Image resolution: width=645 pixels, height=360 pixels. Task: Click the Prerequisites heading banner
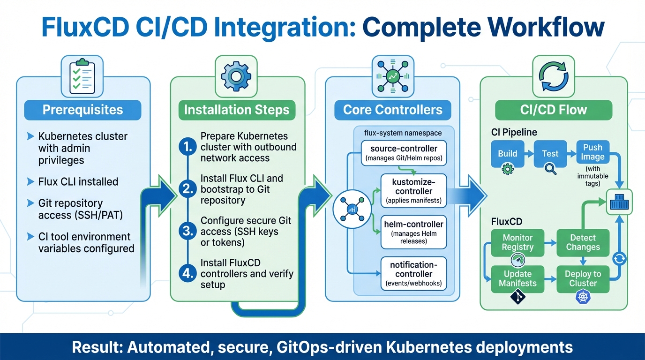82,110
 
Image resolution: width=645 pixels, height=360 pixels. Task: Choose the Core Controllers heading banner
392,110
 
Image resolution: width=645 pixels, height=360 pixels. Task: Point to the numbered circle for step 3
187,231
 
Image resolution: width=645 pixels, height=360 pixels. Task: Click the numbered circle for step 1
187,147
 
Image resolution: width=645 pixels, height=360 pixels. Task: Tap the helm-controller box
413,232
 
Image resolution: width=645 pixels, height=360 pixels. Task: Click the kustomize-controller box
413,191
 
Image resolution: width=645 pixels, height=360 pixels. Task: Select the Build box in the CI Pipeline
508,153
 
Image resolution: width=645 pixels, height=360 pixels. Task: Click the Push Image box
592,152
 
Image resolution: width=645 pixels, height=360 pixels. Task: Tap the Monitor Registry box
517,242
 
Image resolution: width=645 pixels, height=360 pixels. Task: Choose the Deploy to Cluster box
583,278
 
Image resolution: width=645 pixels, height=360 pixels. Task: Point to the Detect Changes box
583,242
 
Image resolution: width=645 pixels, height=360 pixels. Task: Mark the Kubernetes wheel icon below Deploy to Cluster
583,297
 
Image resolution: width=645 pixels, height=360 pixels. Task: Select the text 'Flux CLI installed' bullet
78,182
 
